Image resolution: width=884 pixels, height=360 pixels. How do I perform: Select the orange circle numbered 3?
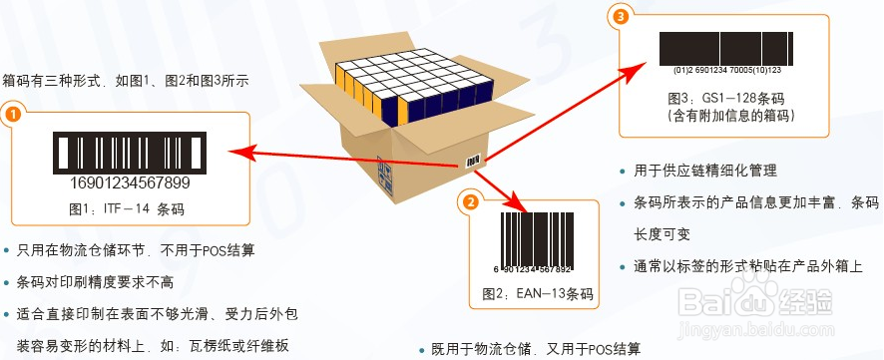(x=621, y=16)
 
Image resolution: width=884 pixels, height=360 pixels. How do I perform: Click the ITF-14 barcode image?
(x=130, y=153)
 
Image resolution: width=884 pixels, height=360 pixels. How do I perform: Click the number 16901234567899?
(x=131, y=183)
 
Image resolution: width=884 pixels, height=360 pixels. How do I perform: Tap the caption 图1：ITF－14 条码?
(x=129, y=208)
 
